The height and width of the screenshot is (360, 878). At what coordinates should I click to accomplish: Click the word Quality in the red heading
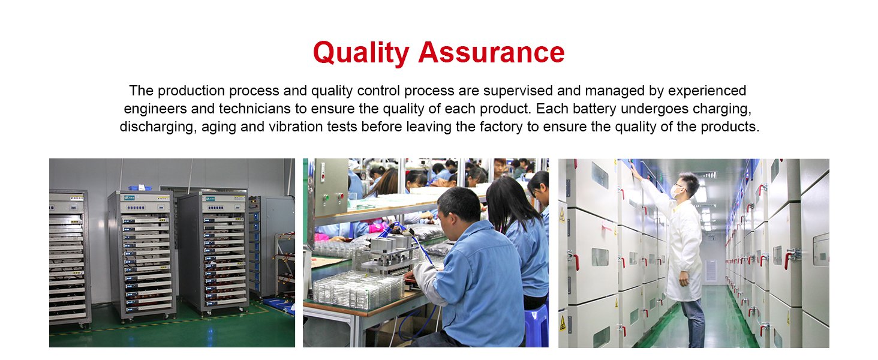point(361,53)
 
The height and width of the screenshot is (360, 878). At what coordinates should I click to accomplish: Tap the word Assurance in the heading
point(492,52)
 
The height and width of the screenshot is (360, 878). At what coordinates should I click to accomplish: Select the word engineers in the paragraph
point(155,109)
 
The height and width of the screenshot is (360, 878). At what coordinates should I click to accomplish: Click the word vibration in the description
point(296,127)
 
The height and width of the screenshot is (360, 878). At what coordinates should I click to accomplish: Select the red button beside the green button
point(341,196)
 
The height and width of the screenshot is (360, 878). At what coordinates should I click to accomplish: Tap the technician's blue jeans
point(693,322)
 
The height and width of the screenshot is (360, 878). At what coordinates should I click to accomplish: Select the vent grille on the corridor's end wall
point(710,271)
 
